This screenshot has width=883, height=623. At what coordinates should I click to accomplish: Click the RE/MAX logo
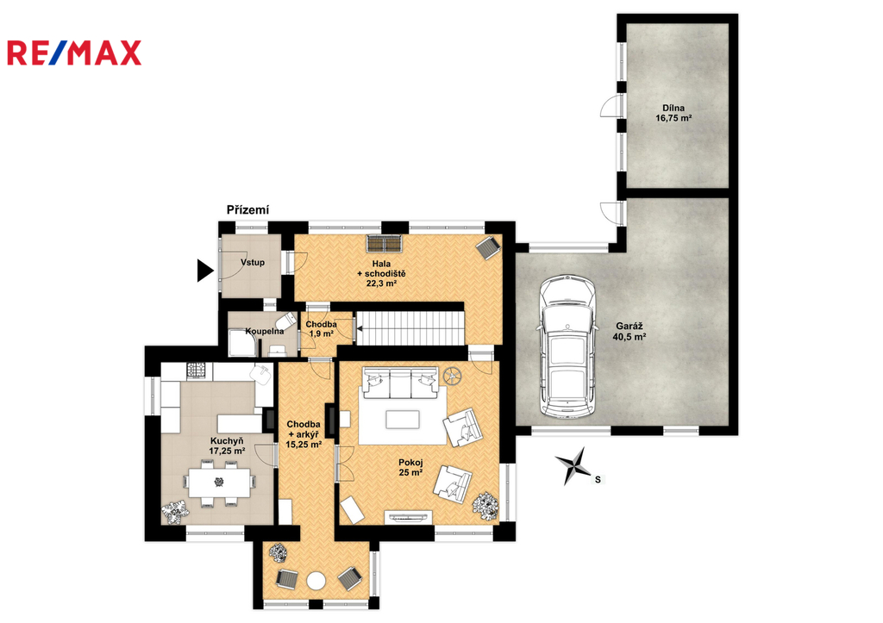(74, 53)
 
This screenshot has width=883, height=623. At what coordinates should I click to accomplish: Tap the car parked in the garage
(567, 348)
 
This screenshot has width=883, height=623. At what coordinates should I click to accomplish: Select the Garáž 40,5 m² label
(629, 332)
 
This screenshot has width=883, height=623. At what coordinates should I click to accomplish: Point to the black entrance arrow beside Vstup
(205, 270)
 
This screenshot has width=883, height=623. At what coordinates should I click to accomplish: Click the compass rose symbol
(573, 465)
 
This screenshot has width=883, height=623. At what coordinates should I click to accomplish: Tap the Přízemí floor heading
(247, 210)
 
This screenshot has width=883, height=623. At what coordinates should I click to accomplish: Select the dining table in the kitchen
(220, 483)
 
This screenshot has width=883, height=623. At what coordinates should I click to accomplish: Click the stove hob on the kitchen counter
(196, 370)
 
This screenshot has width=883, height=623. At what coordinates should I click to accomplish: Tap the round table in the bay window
(316, 581)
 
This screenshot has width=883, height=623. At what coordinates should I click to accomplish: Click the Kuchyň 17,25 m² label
(227, 445)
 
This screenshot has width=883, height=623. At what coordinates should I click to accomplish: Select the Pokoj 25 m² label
(410, 467)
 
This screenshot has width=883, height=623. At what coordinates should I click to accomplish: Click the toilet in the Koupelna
(288, 322)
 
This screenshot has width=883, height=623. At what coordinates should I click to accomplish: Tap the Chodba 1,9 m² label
(321, 328)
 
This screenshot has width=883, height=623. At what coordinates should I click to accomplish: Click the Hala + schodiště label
(381, 273)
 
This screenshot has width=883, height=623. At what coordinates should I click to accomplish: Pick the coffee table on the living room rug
(403, 419)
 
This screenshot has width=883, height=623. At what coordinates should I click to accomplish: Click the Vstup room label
(253, 262)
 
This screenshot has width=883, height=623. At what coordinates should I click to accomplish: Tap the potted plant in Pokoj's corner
(485, 506)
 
